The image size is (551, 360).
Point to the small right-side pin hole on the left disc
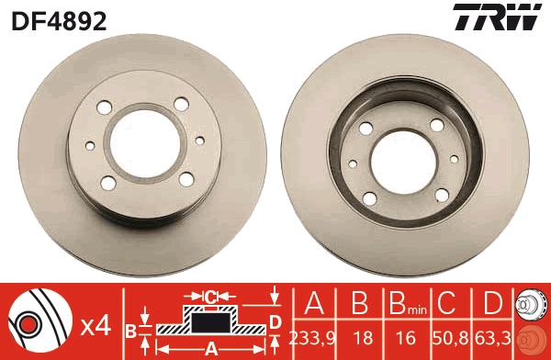199,140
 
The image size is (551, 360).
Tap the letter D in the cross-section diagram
275,321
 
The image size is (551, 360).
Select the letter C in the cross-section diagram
211,297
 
